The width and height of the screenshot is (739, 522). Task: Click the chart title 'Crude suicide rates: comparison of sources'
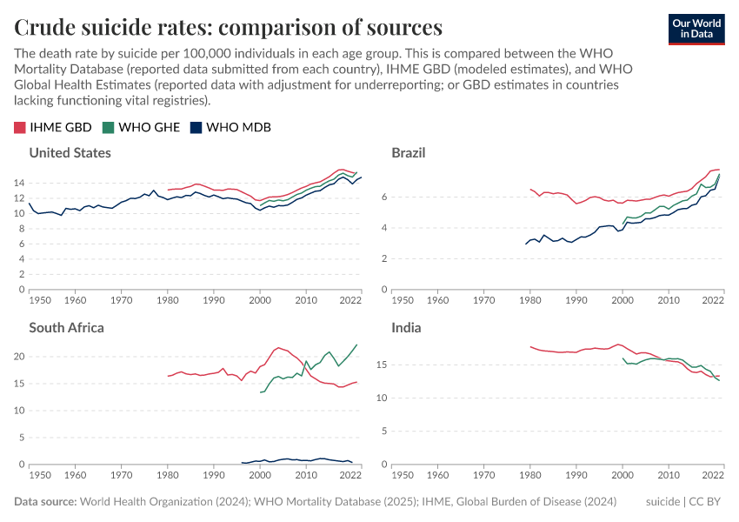pos(228,27)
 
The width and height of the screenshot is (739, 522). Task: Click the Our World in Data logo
pos(696,28)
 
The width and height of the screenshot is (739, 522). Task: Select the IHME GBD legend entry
pos(53,127)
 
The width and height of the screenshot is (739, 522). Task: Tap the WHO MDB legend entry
pos(230,127)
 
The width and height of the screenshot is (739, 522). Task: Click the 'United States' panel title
pos(70,153)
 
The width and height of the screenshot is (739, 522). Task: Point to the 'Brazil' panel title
pos(409,153)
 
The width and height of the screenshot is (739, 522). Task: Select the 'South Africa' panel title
pos(66,328)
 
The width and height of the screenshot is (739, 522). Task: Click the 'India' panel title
pos(406,328)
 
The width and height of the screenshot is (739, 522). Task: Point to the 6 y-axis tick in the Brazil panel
pos(383,197)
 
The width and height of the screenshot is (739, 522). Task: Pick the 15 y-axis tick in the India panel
pos(381,365)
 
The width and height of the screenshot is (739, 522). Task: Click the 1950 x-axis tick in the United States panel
pos(40,299)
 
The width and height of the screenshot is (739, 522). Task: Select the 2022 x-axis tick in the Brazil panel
pos(713,299)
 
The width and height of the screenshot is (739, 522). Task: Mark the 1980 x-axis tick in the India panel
pos(529,475)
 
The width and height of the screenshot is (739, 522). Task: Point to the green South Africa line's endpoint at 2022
pos(356,345)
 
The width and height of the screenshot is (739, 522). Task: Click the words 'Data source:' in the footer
pos(45,502)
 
